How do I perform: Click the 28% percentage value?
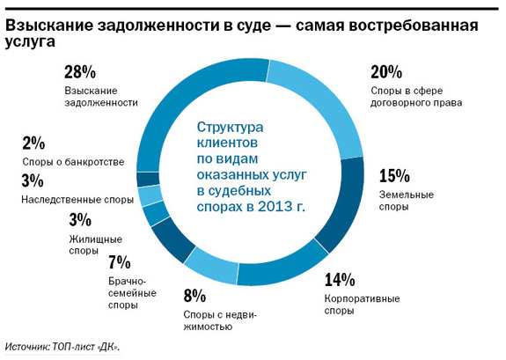click(80, 73)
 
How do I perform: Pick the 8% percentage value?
click(194, 295)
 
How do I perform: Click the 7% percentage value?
click(120, 262)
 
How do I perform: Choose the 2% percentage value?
click(33, 144)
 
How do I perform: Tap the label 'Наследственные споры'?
click(77, 200)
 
